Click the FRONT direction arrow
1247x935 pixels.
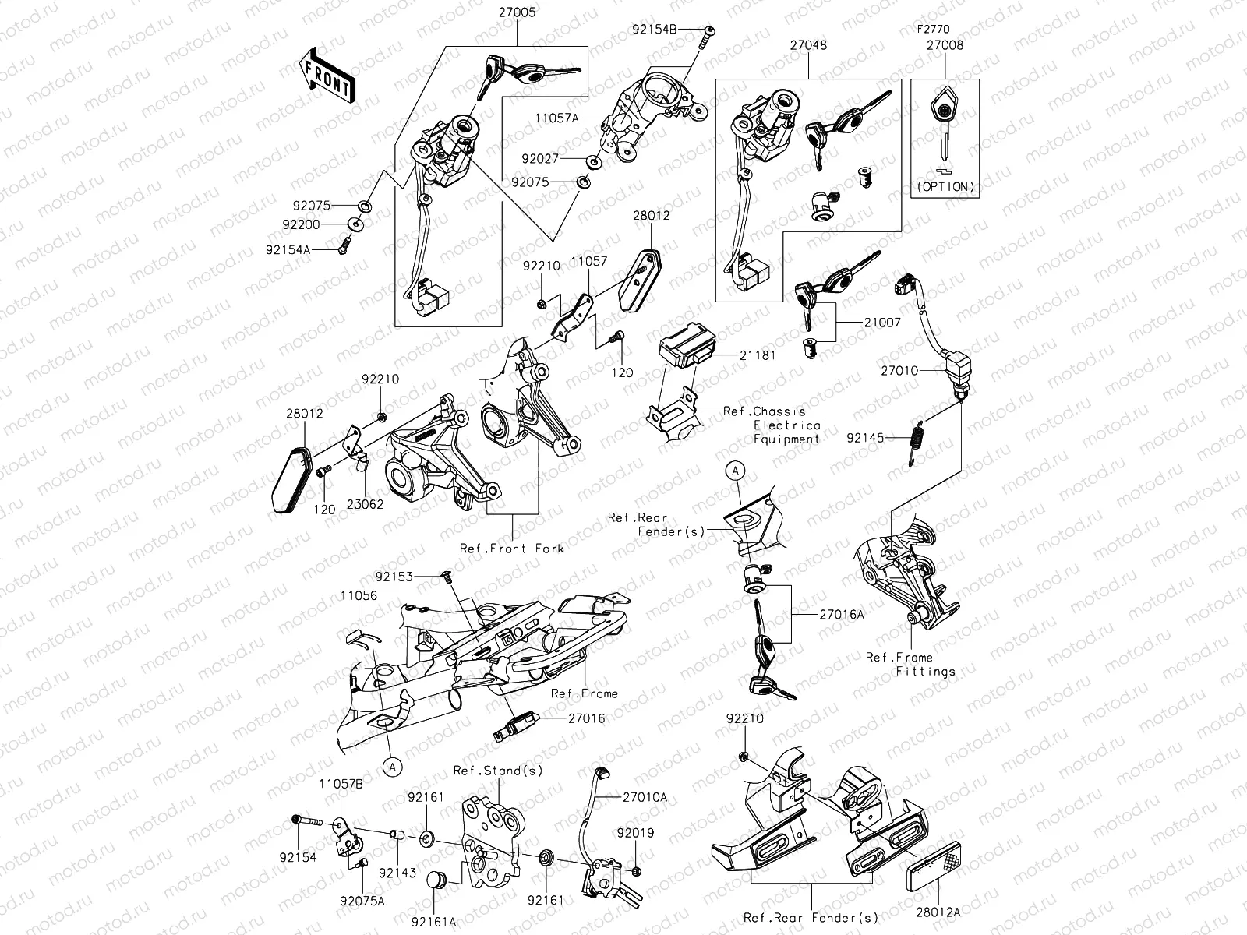327,74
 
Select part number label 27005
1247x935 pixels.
517,13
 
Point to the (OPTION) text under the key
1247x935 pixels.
945,187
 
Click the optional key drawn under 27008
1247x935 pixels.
945,125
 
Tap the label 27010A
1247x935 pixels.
645,797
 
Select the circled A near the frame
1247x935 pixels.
393,767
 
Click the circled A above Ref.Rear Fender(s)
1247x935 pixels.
737,470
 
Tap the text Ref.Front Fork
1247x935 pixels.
511,549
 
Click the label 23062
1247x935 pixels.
365,504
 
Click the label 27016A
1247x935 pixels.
842,615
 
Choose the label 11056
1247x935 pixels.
359,595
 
